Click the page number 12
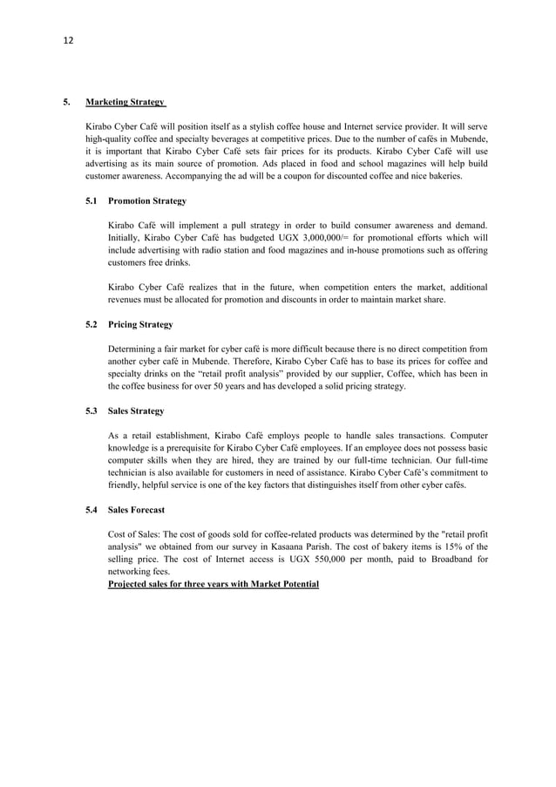(x=68, y=41)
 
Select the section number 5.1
(x=92, y=201)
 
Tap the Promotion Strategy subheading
(x=147, y=201)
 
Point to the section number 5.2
(x=92, y=324)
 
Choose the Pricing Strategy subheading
(x=140, y=324)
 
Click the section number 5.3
(x=92, y=410)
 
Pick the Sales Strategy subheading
(x=136, y=410)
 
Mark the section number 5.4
(x=92, y=509)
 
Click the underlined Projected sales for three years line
(x=214, y=583)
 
